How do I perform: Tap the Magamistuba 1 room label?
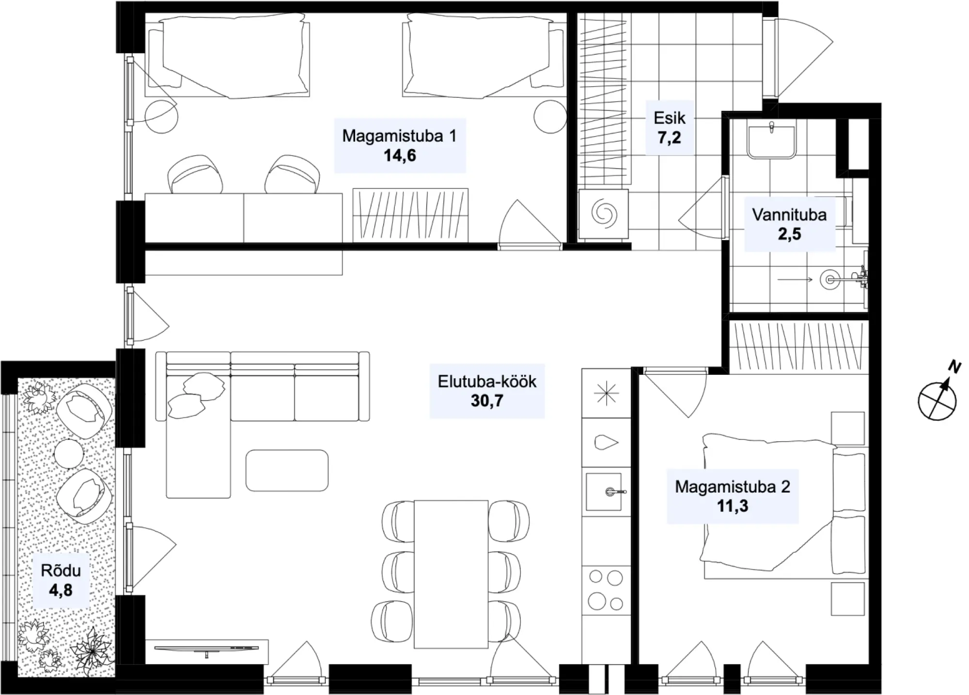399,136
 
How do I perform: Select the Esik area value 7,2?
669,138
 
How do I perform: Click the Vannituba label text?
789,215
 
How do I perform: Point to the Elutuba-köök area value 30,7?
487,401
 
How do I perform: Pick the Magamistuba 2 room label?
733,486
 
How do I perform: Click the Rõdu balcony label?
61,571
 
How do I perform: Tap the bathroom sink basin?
771,141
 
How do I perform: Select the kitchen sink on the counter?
604,492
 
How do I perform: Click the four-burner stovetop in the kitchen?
606,590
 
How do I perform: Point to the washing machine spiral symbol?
604,213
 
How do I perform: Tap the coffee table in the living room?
287,470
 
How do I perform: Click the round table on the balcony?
69,454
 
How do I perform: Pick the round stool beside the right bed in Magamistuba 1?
550,116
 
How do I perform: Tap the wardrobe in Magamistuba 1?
410,215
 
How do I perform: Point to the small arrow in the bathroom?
795,279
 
